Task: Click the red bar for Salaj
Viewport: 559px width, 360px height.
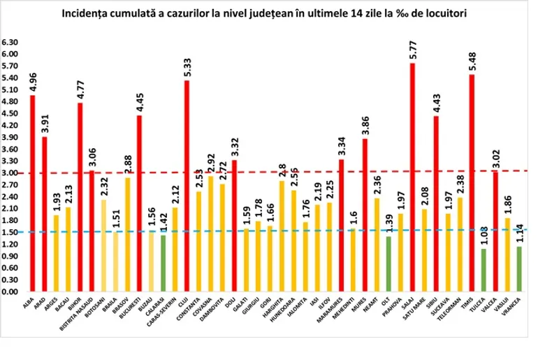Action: [x=412, y=178]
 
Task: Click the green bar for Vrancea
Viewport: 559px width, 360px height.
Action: [x=519, y=269]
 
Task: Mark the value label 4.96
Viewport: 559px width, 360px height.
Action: [x=32, y=80]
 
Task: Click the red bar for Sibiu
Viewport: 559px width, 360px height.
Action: [x=436, y=203]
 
